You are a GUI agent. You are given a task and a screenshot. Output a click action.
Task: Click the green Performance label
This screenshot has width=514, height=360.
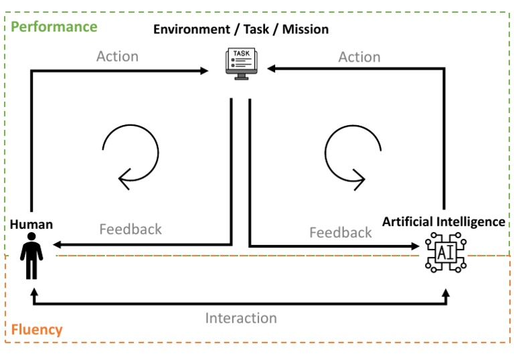click(54, 27)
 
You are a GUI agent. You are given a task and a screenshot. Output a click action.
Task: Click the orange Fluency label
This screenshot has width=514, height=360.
click(37, 329)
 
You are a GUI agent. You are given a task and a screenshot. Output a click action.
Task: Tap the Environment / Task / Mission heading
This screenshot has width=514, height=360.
click(241, 29)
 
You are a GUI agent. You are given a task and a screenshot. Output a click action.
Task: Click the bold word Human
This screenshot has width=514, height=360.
click(31, 225)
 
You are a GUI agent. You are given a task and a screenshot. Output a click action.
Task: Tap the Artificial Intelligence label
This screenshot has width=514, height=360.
click(444, 221)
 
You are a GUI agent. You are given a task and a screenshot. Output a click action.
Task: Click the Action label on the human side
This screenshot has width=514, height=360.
click(117, 56)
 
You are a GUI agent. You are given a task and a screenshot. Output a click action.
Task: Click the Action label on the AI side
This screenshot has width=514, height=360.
click(359, 57)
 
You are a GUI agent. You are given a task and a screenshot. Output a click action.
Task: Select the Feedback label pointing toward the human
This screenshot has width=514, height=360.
click(131, 229)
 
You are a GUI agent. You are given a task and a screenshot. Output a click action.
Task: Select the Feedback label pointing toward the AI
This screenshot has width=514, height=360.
click(340, 232)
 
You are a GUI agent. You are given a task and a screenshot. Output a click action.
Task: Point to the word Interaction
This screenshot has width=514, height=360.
click(241, 318)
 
